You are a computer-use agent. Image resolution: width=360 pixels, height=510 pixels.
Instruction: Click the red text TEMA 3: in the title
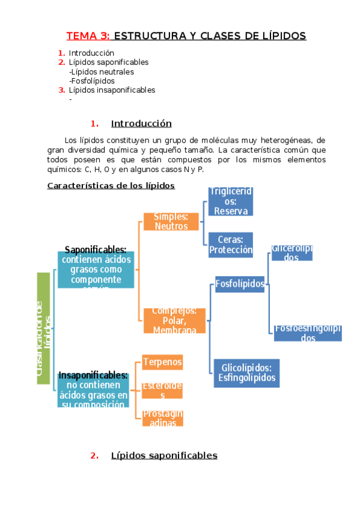[88, 36]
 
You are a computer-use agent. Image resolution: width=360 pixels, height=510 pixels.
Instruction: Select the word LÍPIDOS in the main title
[281, 36]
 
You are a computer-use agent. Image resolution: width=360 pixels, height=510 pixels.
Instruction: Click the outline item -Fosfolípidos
[92, 81]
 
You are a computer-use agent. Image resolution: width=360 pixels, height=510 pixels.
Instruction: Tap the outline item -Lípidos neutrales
[102, 72]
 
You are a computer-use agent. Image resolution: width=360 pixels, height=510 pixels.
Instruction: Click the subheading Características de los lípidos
[111, 185]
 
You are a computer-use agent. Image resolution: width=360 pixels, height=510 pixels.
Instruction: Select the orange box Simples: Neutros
[171, 221]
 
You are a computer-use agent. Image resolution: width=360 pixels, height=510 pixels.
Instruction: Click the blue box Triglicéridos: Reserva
[231, 201]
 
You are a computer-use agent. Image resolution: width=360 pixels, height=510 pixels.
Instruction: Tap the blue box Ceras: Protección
[231, 245]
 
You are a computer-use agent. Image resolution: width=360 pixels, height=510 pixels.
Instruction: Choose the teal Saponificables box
[96, 269]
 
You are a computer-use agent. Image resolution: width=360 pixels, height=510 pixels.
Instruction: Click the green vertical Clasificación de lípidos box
[43, 328]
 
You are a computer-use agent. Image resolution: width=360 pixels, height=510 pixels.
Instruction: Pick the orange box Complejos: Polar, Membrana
[174, 321]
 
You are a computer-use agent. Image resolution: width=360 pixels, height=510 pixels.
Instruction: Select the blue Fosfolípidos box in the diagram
[240, 283]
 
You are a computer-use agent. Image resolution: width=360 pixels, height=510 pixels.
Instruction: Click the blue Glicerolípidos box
[291, 253]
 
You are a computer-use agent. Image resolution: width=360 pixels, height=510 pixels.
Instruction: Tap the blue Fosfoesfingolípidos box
[308, 333]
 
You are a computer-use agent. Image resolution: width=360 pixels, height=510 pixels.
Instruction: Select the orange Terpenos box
[162, 362]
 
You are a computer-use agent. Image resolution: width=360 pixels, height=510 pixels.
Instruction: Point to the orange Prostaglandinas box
[162, 418]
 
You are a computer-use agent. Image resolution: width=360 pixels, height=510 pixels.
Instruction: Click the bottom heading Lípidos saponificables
[164, 455]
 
